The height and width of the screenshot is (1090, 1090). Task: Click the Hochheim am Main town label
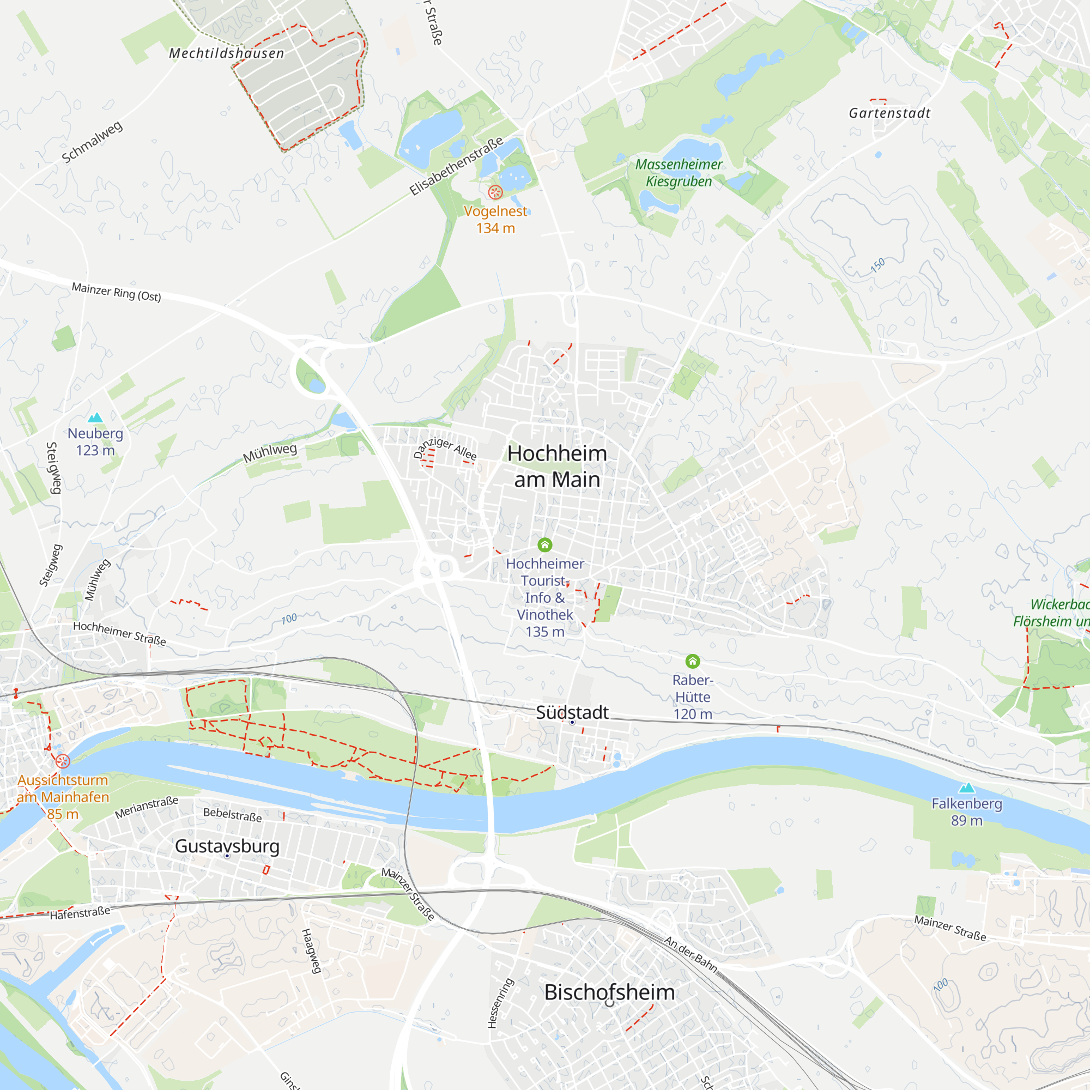pyautogui.click(x=557, y=467)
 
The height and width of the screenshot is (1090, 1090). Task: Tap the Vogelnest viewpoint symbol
pyautogui.click(x=495, y=192)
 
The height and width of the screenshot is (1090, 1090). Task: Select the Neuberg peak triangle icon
pyautogui.click(x=95, y=417)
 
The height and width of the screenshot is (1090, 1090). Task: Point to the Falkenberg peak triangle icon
pyautogui.click(x=967, y=788)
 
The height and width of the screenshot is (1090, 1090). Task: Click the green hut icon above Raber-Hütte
pyautogui.click(x=693, y=661)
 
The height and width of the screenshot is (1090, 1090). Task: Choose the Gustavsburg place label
pyautogui.click(x=227, y=846)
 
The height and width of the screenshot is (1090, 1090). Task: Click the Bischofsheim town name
pyautogui.click(x=609, y=992)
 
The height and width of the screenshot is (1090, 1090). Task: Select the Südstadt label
pyautogui.click(x=572, y=712)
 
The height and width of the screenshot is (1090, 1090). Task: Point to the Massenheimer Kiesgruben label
pyautogui.click(x=679, y=173)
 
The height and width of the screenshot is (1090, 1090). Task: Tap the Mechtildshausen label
pyautogui.click(x=227, y=53)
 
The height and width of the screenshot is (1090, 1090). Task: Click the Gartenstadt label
pyautogui.click(x=890, y=113)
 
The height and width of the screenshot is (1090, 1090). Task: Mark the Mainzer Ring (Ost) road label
pyautogui.click(x=116, y=292)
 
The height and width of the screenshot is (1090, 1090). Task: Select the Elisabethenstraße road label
pyautogui.click(x=456, y=166)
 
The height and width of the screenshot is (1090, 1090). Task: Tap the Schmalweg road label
pyautogui.click(x=92, y=142)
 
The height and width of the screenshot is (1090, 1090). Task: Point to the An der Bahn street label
pyautogui.click(x=691, y=955)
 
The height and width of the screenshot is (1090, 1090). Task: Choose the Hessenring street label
pyautogui.click(x=500, y=1003)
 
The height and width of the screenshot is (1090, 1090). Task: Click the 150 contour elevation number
pyautogui.click(x=878, y=265)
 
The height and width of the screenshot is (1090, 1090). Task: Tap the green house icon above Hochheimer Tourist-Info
pyautogui.click(x=544, y=544)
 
